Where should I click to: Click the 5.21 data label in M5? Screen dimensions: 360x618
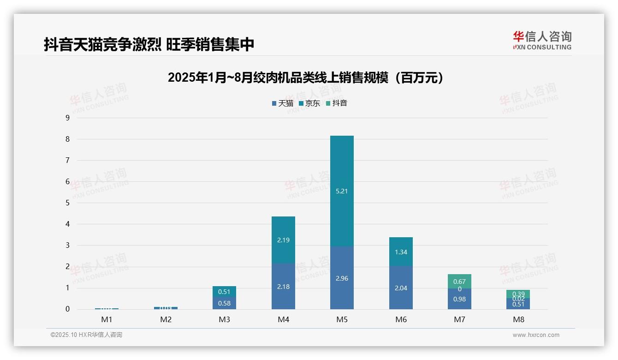[x=342, y=191]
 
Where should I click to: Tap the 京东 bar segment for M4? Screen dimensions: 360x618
[x=283, y=240]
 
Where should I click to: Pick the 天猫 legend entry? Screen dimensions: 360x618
[x=282, y=103]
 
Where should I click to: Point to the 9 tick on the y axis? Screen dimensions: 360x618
[x=67, y=118]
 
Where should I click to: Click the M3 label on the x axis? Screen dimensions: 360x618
[x=224, y=319]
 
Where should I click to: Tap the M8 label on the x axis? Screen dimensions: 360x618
[x=518, y=319]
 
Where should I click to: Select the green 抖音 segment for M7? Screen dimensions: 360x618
[x=459, y=281]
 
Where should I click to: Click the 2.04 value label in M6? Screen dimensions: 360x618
[x=401, y=288]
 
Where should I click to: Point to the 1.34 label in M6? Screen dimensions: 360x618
[x=401, y=252]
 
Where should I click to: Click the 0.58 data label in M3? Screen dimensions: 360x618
[x=224, y=303]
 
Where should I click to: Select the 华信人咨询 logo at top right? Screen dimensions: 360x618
[x=542, y=40]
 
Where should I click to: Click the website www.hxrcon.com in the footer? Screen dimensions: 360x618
[x=536, y=335]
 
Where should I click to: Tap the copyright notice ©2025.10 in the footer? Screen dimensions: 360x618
[x=86, y=335]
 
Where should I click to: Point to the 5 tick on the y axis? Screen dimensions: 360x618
[x=67, y=203]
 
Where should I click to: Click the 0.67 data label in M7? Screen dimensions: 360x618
[x=459, y=282]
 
